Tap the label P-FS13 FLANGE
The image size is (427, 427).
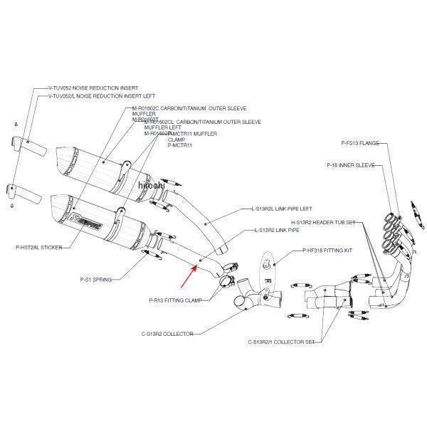[x=364, y=143]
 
